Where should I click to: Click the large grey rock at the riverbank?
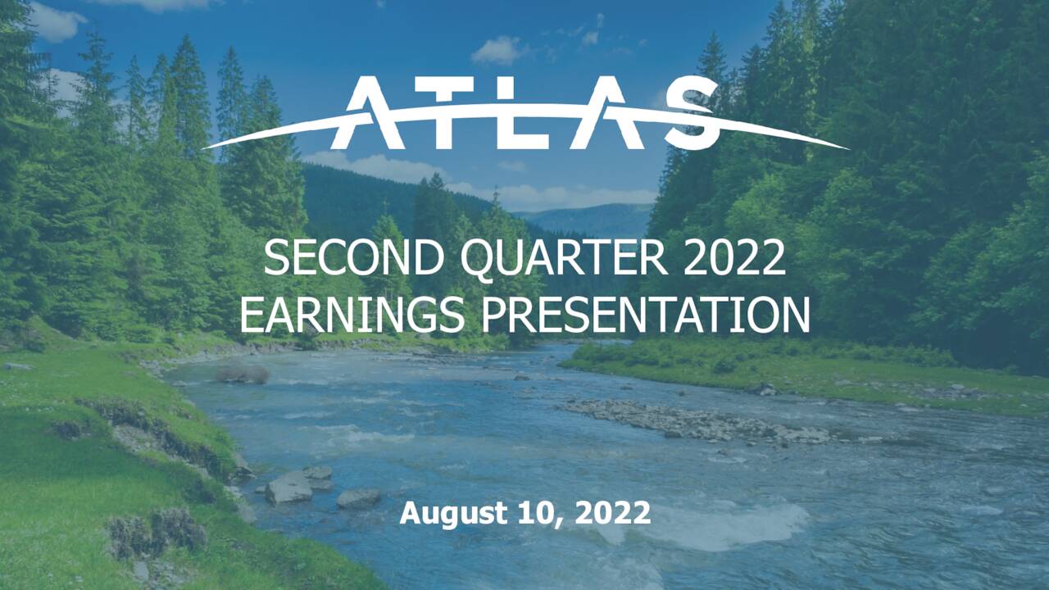[x=288, y=488]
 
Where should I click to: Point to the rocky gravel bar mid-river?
[x=697, y=422]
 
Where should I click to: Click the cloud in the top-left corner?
[x=57, y=22]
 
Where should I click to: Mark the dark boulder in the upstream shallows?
[x=243, y=374]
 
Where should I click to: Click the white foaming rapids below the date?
[x=721, y=524]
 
